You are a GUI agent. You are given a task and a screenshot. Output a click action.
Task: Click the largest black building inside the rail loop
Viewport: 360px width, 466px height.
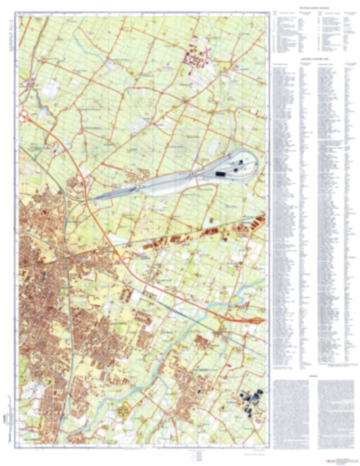point(221,174)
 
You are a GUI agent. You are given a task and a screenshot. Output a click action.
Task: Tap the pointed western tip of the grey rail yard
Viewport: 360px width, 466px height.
point(93,199)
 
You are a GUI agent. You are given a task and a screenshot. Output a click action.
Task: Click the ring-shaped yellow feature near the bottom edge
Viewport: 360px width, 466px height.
point(124,409)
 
